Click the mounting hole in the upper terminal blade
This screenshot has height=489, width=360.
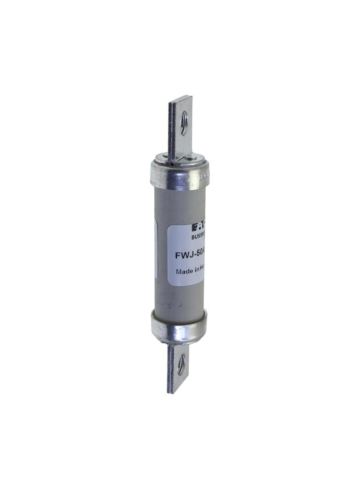pos(184,123)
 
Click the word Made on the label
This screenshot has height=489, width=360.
pos(184,271)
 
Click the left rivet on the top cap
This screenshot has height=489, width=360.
pos(160,158)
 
